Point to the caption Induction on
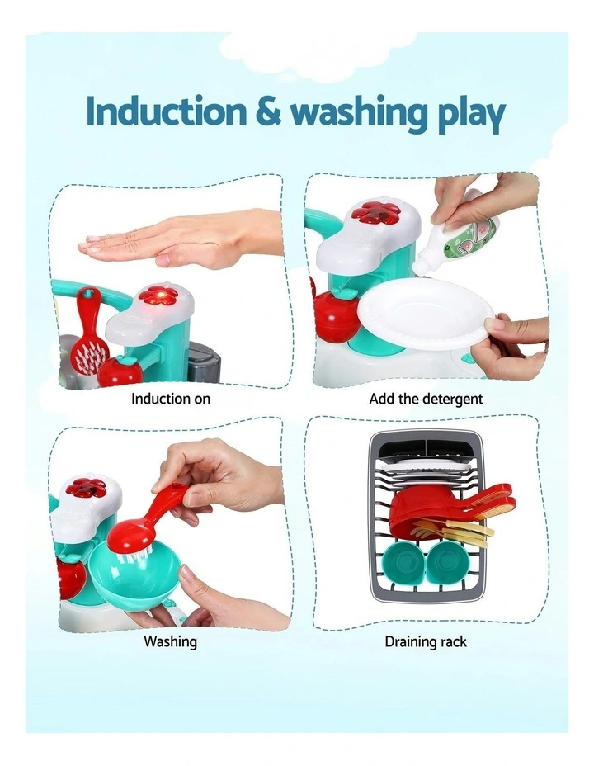pyautogui.click(x=171, y=399)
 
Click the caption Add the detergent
pyautogui.click(x=426, y=399)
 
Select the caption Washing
pyautogui.click(x=171, y=641)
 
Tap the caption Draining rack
pyautogui.click(x=426, y=641)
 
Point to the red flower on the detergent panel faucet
pyautogui.click(x=376, y=211)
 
